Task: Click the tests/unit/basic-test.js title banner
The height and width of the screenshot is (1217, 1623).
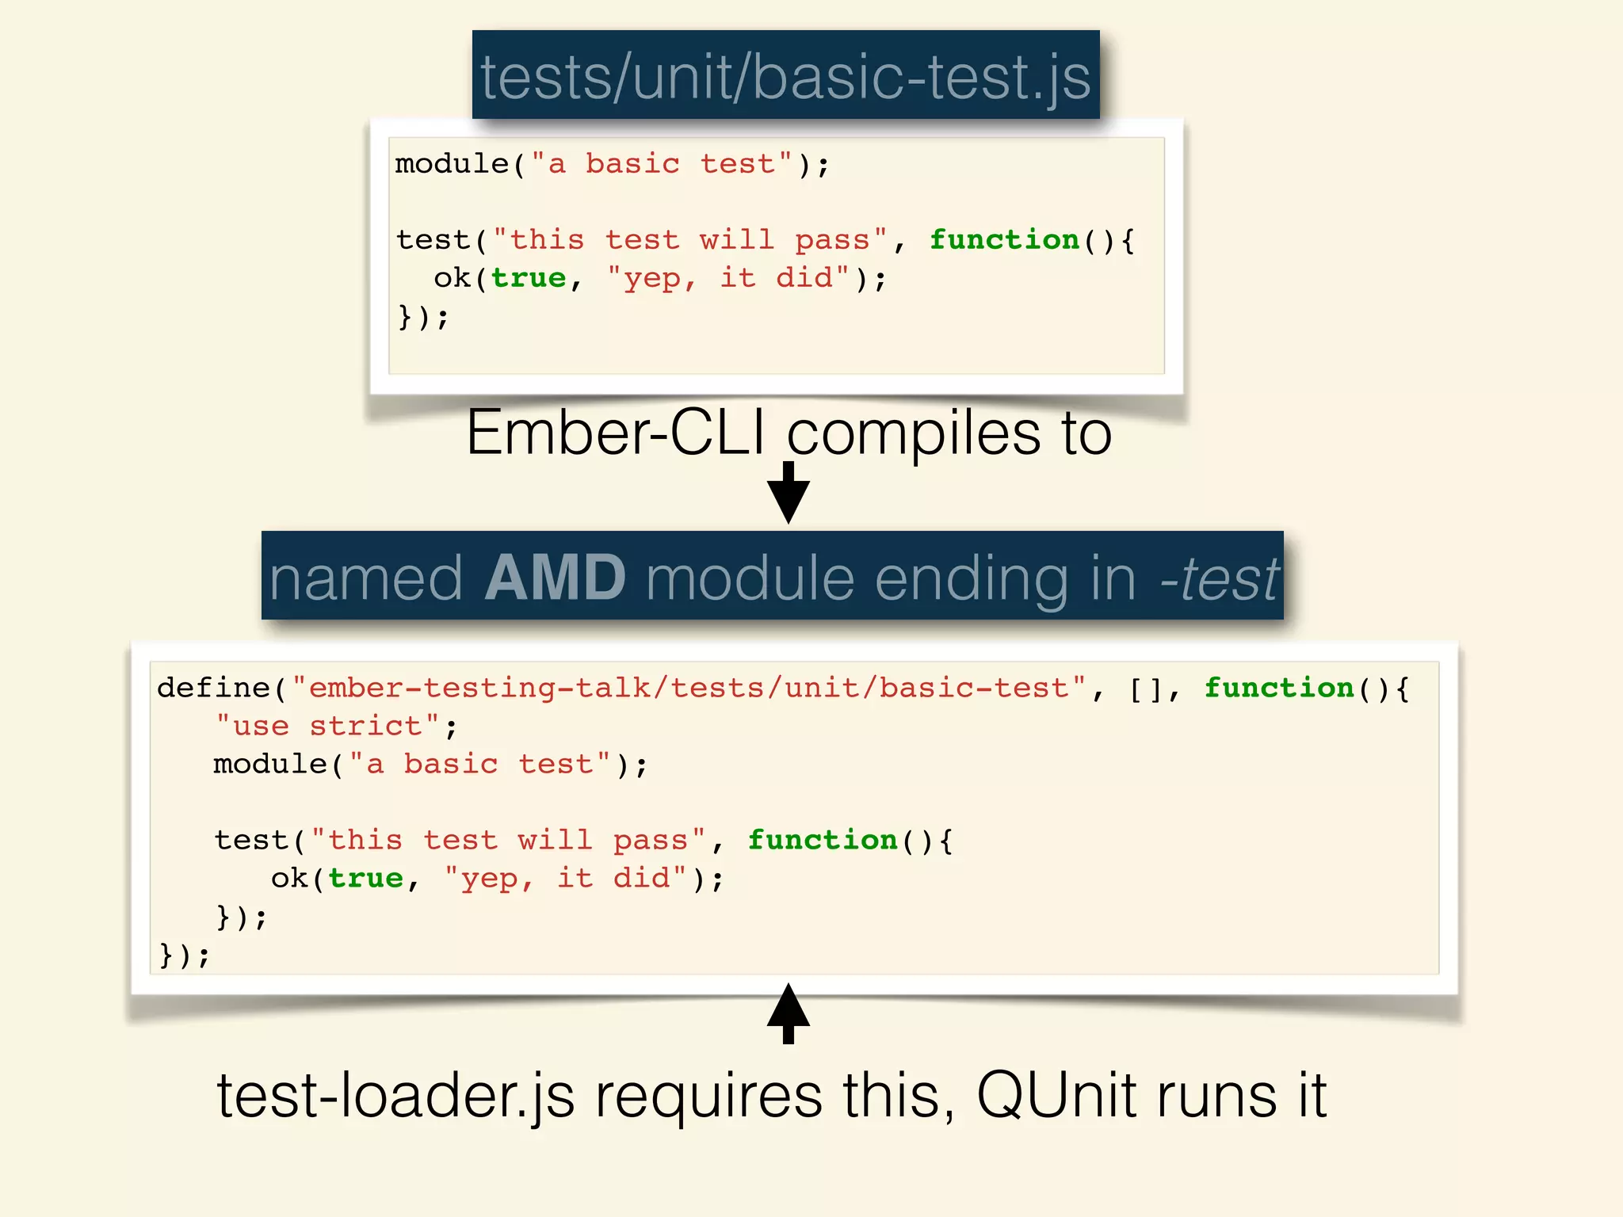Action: click(785, 76)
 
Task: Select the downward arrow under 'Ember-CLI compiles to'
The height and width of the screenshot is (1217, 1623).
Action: click(789, 493)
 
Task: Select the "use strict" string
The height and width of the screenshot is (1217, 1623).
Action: click(328, 726)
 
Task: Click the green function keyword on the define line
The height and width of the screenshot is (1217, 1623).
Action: click(1279, 688)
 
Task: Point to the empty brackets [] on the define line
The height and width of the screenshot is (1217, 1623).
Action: click(1145, 689)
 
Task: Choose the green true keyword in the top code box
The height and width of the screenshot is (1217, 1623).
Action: click(529, 278)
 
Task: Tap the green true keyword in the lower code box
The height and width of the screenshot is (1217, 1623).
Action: click(365, 878)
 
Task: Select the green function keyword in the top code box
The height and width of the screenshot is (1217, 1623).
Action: click(1004, 239)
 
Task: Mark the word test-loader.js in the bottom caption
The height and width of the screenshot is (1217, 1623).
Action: click(395, 1096)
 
